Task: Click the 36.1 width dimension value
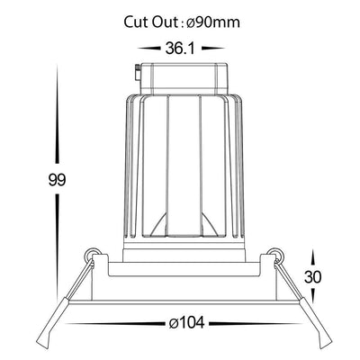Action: (x=180, y=49)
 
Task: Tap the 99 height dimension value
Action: (x=57, y=180)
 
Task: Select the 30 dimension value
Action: (x=313, y=277)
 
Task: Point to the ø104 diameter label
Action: (x=186, y=323)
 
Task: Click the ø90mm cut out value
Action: (x=213, y=22)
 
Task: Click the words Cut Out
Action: (x=151, y=22)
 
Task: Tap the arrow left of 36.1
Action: (x=148, y=48)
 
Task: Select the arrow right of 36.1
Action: (x=213, y=48)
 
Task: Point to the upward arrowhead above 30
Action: (x=312, y=259)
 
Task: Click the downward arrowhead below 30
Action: (x=313, y=295)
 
